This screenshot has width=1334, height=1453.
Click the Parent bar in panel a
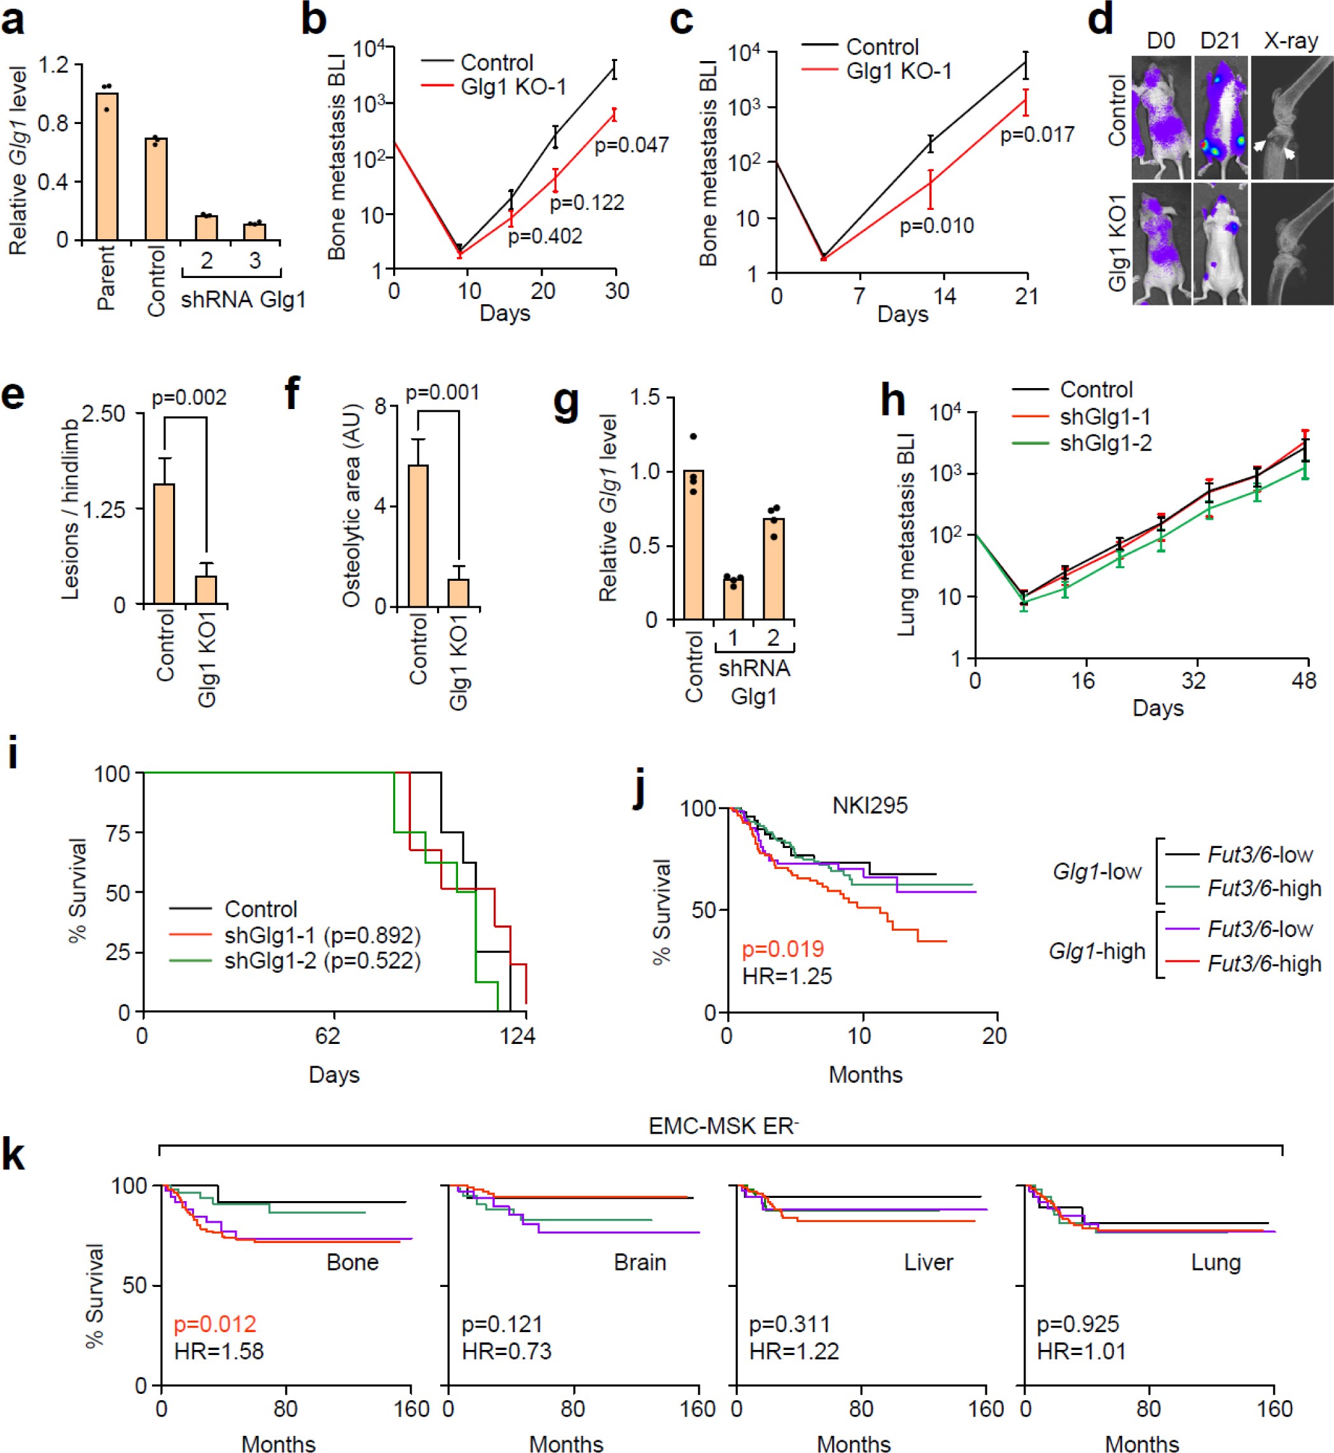[106, 166]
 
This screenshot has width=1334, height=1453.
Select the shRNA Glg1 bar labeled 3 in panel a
[254, 232]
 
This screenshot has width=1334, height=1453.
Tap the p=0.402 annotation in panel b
[545, 236]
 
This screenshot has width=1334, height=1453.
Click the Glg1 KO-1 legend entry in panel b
[513, 87]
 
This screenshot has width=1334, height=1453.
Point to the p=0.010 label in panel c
[936, 226]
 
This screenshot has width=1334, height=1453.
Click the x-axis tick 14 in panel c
[943, 296]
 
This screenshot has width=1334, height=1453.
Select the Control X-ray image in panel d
[1291, 118]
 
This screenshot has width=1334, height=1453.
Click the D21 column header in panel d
[1219, 41]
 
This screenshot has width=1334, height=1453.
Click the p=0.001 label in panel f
[441, 393]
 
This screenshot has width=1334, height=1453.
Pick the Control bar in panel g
[693, 545]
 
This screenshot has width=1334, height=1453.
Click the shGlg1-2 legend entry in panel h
[1104, 443]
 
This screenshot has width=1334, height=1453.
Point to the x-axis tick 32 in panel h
[1193, 680]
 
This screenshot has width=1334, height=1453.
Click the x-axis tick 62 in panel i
[327, 1036]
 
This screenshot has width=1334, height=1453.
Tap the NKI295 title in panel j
[869, 805]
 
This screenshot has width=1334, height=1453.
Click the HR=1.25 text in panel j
[787, 976]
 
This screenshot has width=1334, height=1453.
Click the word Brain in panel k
[639, 1262]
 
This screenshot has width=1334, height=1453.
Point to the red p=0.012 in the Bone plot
[214, 1324]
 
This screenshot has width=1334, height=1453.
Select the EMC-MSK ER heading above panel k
[723, 1125]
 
